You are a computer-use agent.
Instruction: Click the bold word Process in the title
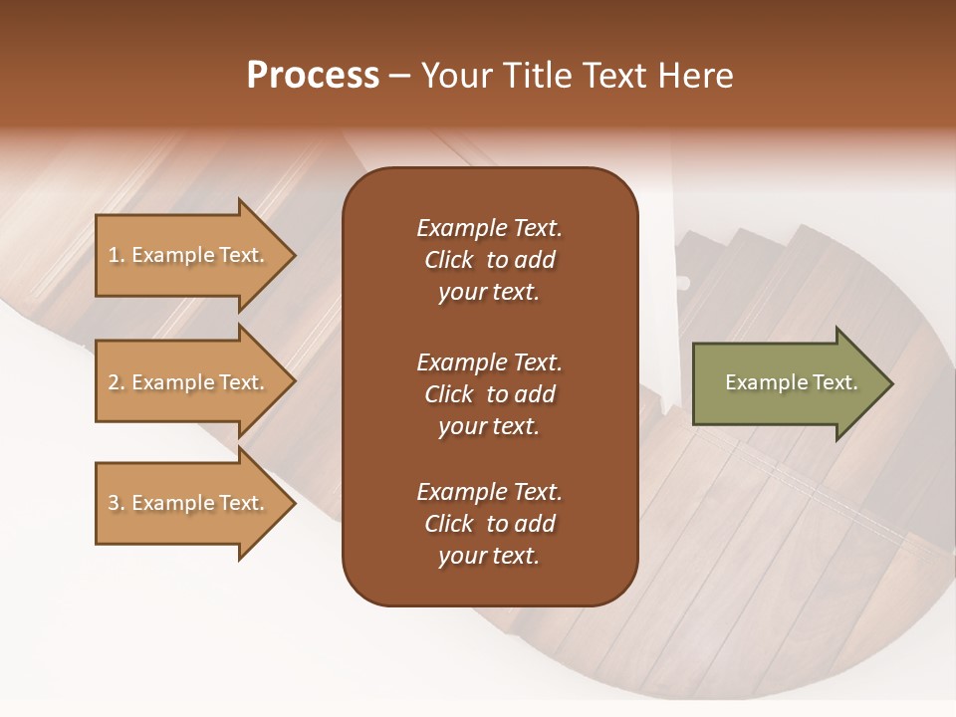[313, 76]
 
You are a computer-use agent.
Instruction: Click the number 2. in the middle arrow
[117, 382]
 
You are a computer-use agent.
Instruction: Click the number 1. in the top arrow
[117, 255]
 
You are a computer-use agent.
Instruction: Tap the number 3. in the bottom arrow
[117, 503]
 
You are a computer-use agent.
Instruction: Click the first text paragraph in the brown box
[489, 260]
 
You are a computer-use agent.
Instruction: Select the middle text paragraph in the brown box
[489, 394]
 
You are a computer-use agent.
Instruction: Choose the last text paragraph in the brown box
[489, 524]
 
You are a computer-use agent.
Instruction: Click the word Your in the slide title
[455, 76]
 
